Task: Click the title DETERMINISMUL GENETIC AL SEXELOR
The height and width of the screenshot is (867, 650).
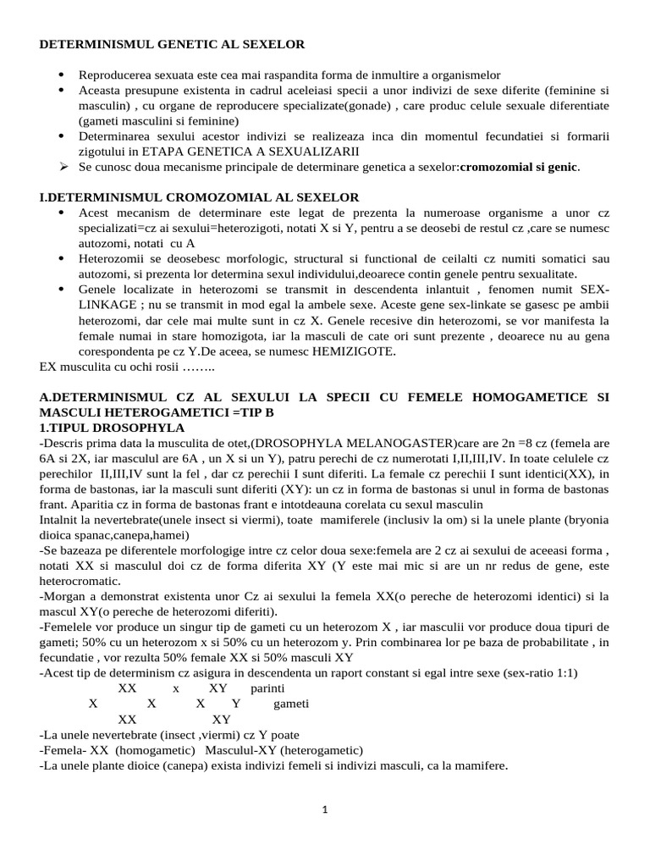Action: pyautogui.click(x=172, y=43)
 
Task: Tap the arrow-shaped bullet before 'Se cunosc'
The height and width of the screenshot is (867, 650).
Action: pyautogui.click(x=63, y=167)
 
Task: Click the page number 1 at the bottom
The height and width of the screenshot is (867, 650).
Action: pyautogui.click(x=325, y=809)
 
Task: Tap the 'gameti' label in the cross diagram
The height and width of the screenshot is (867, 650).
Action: pyautogui.click(x=291, y=704)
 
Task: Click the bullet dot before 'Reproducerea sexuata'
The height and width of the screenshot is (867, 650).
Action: pyautogui.click(x=63, y=75)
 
